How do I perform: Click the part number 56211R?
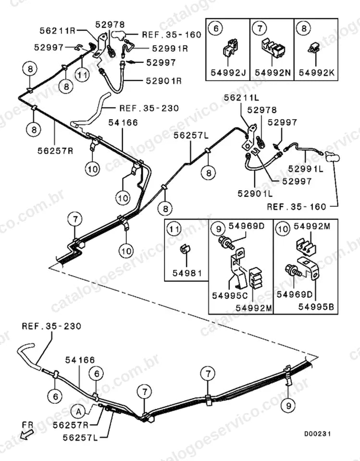[58, 31]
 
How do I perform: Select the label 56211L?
[242, 97]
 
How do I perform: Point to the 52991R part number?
[170, 49]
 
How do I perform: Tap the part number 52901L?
[255, 194]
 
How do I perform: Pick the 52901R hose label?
[164, 81]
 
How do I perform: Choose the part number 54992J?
[228, 73]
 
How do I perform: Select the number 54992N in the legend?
[273, 73]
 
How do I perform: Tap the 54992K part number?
[316, 73]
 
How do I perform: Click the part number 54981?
[187, 273]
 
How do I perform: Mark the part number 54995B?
[316, 307]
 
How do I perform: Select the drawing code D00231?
[317, 434]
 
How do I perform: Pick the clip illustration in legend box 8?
[314, 48]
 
